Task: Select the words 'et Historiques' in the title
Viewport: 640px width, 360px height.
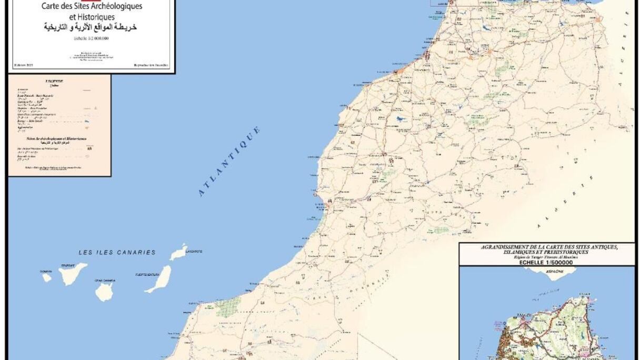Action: point(92,17)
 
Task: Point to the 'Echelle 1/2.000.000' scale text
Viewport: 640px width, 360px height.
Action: point(92,38)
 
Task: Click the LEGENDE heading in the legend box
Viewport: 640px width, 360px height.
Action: point(58,81)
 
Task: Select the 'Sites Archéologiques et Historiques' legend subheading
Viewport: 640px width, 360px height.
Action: point(58,139)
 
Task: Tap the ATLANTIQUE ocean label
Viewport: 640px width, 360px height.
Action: point(229,162)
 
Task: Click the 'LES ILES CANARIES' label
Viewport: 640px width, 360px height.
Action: point(117,253)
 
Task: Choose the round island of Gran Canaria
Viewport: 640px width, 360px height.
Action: point(104,291)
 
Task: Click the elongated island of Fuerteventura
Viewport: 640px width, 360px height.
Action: point(159,279)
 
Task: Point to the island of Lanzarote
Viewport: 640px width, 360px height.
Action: point(178,252)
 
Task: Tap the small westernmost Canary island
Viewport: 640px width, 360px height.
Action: point(47,277)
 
